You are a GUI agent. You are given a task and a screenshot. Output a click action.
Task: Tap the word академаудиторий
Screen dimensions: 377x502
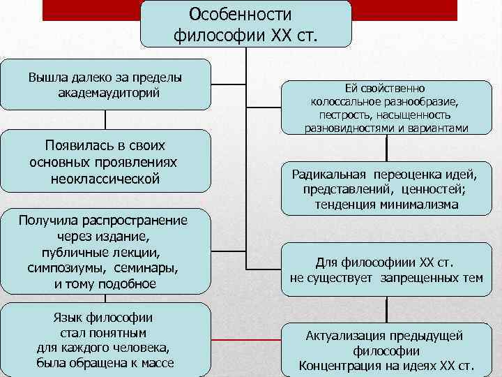tap(105, 92)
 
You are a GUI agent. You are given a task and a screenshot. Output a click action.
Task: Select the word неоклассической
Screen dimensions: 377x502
tap(105, 179)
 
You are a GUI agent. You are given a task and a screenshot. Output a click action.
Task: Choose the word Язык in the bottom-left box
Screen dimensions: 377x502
tap(68, 318)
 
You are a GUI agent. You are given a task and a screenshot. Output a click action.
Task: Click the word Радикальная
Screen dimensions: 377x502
tap(329, 174)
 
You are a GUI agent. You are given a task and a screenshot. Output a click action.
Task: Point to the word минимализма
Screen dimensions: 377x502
tap(414, 205)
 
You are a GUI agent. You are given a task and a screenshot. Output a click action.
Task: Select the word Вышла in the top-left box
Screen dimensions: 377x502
tap(43, 77)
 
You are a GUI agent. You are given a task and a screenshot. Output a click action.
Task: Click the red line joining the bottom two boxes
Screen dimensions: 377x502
tap(245, 339)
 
